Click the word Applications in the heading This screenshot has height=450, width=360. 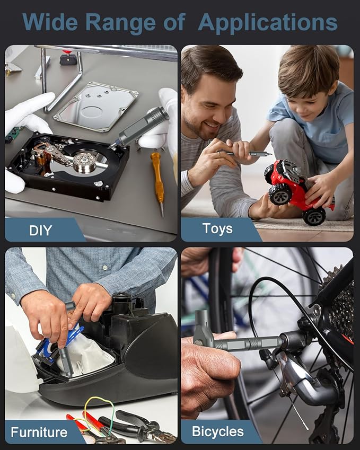268,23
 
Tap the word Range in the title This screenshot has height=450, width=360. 120,22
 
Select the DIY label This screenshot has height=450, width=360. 40,231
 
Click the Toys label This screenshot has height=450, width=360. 217,229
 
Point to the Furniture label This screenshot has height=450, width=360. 39,432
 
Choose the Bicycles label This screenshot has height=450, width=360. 218,431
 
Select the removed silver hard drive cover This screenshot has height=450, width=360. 96,107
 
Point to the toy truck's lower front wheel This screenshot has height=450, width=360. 314,216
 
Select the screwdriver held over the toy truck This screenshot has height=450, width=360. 244,153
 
